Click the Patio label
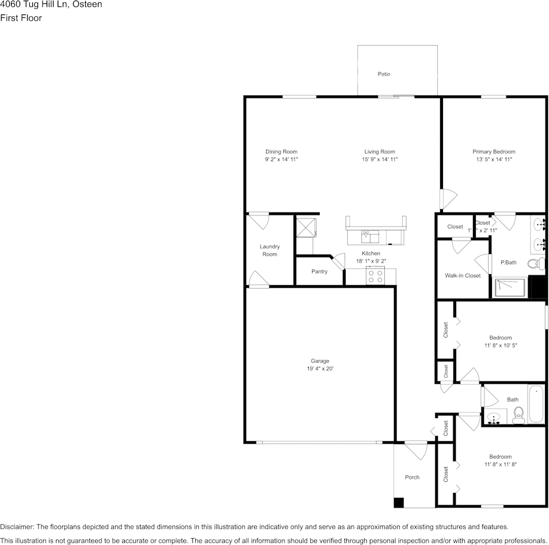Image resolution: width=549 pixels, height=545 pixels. (x=384, y=74)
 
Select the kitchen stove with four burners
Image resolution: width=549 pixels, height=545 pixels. (x=376, y=277)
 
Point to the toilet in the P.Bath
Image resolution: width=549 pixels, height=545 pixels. (x=536, y=264)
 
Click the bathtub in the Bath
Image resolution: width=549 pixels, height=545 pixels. (x=536, y=404)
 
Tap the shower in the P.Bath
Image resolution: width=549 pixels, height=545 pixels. (x=510, y=287)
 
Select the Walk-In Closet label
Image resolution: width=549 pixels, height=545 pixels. (x=462, y=275)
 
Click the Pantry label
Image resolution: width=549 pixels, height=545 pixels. (x=319, y=271)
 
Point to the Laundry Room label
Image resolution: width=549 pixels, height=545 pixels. (x=270, y=250)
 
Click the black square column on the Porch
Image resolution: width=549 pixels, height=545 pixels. (x=399, y=502)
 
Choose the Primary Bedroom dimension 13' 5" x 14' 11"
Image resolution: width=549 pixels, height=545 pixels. (x=494, y=160)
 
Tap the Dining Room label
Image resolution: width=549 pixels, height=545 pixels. (x=281, y=152)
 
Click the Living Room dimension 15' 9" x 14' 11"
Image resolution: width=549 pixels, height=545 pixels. (x=380, y=160)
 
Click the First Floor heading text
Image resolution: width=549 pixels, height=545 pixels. (x=21, y=18)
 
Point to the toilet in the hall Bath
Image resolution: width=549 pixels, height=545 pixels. (x=518, y=415)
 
